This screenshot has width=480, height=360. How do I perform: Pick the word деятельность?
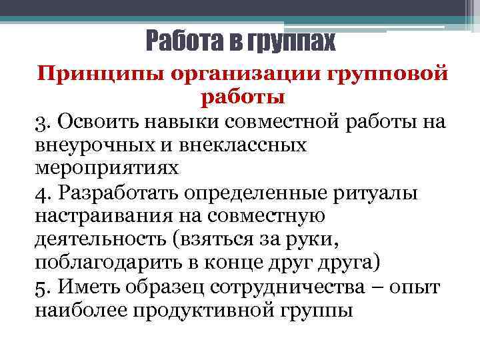[106, 238]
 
